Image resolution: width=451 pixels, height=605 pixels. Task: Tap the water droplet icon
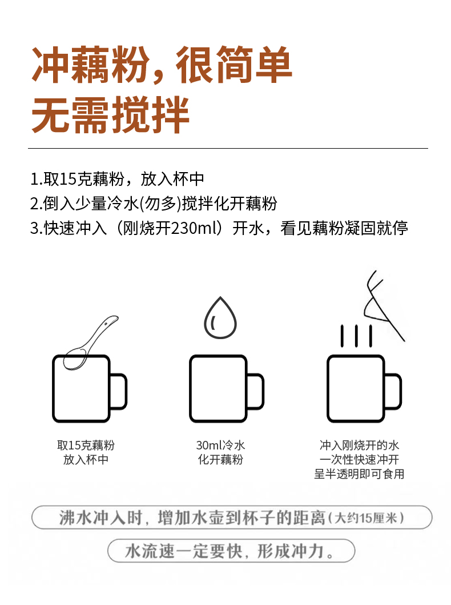220,318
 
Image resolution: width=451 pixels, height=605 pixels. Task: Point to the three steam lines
356,336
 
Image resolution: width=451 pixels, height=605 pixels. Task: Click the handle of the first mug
119,392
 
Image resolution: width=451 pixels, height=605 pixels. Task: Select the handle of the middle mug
256,392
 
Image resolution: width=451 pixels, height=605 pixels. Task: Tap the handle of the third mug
393,392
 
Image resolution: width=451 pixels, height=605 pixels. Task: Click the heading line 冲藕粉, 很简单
162,64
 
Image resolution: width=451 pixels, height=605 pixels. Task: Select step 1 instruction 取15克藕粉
117,180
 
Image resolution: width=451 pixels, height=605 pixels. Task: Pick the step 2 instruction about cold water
154,204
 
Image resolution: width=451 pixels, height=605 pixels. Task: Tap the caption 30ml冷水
220,445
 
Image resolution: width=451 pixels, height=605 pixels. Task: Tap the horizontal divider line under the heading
228,149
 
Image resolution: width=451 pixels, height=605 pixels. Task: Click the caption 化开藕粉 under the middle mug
220,460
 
